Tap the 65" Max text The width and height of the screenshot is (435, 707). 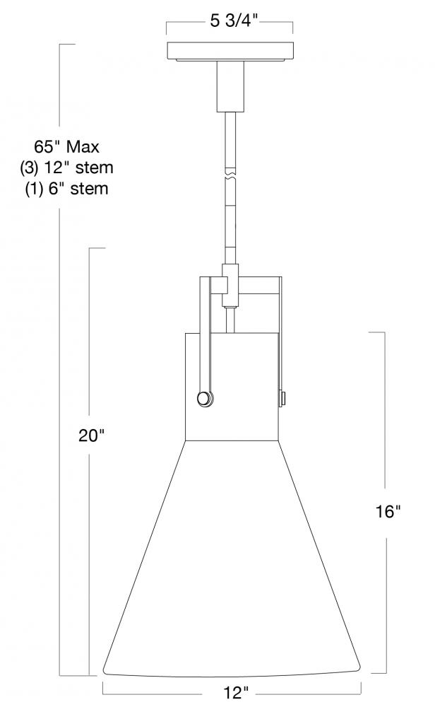66,146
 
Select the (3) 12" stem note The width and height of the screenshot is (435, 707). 66,168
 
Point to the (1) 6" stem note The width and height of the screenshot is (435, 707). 66,188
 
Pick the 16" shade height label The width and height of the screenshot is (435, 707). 387,511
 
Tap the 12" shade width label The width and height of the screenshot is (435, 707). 236,692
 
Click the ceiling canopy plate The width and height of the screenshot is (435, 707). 230,52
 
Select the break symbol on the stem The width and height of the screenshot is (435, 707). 230,175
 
